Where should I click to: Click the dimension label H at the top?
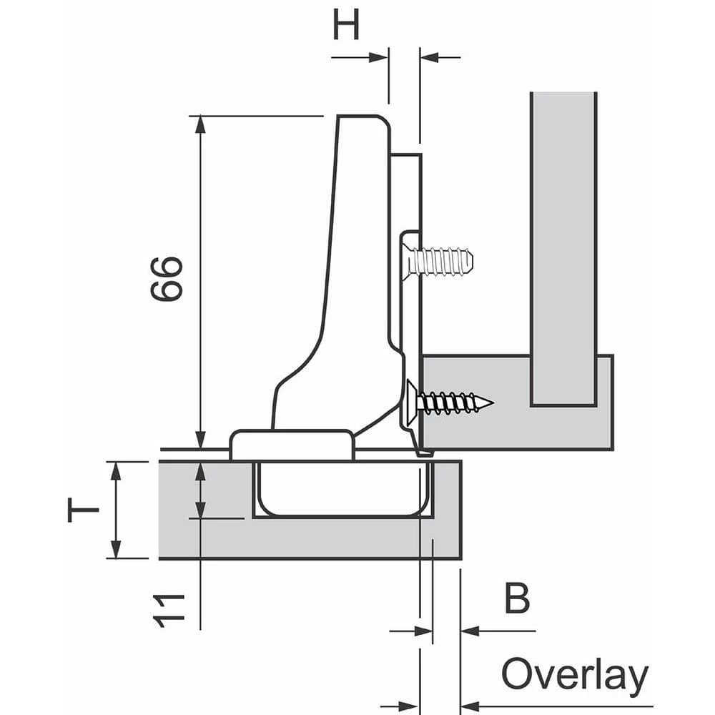tap(346, 26)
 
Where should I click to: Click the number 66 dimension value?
tap(167, 279)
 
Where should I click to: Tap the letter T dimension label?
tap(83, 511)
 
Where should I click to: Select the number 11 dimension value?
tap(169, 610)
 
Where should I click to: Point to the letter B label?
tap(517, 599)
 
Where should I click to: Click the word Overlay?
tap(574, 675)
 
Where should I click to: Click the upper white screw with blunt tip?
tap(438, 262)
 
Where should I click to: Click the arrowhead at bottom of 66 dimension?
tap(200, 440)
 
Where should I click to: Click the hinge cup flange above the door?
tap(292, 444)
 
